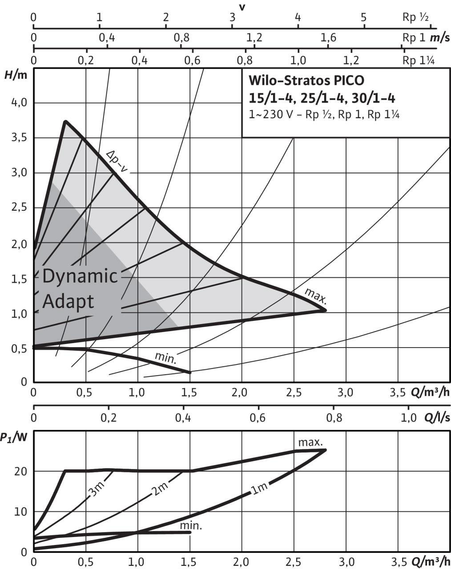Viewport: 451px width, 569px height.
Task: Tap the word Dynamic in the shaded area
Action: [80, 276]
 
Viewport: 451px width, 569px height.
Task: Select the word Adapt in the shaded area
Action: [68, 301]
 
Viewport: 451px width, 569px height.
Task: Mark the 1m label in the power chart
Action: [259, 488]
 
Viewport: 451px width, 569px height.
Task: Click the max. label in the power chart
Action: [310, 442]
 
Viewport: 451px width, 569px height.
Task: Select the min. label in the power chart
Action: [191, 526]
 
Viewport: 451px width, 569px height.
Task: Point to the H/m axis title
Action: [16, 75]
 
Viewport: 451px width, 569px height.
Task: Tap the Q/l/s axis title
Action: [437, 417]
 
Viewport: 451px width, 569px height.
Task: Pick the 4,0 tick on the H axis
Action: [18, 103]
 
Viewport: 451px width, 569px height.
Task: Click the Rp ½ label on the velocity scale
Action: [415, 18]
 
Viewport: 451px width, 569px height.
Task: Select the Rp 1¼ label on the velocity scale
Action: [418, 60]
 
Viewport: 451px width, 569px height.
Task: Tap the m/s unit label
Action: [439, 37]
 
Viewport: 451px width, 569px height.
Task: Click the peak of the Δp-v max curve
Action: [65, 121]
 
